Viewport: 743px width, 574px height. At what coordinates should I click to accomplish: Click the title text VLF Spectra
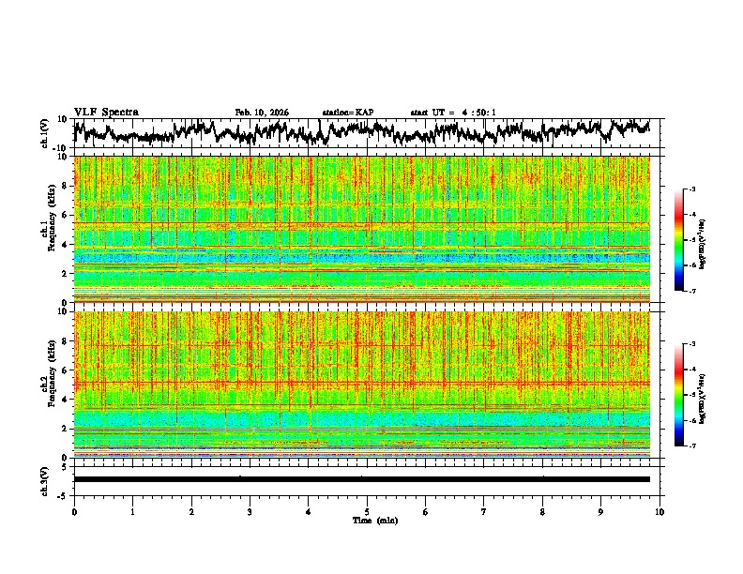106,112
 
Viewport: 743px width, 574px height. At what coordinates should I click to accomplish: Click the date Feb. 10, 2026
262,113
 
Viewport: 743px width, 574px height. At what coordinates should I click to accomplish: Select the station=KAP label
347,113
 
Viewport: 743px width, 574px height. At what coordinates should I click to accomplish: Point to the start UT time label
453,113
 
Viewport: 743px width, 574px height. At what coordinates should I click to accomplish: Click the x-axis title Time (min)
367,520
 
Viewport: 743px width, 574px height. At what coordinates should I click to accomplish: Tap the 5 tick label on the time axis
367,512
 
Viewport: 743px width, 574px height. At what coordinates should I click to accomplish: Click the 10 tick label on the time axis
660,512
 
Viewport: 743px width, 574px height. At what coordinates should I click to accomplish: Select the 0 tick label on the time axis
74,512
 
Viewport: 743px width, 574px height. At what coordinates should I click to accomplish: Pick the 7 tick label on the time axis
484,512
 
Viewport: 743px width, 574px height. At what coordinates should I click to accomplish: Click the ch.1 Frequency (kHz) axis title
49,229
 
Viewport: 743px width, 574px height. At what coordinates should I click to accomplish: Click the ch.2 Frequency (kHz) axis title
49,384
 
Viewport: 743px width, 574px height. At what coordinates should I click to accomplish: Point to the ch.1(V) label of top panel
45,132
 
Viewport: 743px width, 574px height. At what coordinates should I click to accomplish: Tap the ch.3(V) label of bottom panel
45,480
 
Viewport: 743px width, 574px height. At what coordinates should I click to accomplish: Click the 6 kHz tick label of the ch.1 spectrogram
66,215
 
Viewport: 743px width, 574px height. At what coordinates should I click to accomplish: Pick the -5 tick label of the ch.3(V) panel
63,494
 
